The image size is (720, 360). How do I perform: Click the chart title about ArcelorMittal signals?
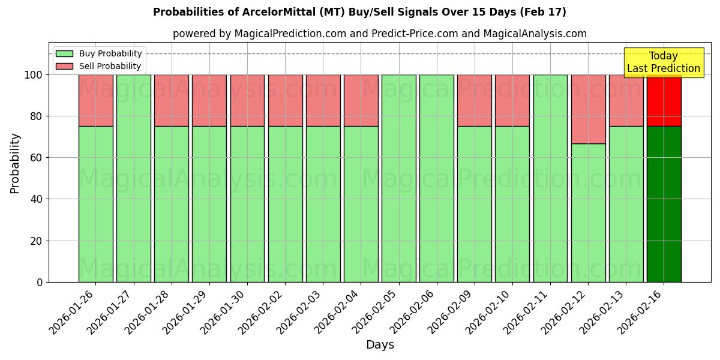tap(359, 12)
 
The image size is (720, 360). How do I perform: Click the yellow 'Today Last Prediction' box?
tap(663, 62)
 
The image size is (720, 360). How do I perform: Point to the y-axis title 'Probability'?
tap(15, 163)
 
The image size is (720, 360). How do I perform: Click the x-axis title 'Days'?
tap(380, 345)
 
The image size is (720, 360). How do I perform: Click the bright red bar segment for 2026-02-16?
tap(664, 101)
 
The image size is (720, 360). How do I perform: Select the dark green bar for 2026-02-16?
tap(664, 204)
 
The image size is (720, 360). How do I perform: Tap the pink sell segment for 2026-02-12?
tap(588, 109)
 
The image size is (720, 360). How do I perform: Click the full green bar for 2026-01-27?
tap(133, 178)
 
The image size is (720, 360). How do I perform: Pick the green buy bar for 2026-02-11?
tap(550, 178)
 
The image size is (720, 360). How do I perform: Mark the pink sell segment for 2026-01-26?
tap(95, 101)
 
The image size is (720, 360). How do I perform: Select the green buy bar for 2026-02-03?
tap(323, 204)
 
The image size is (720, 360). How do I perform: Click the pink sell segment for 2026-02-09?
tap(474, 101)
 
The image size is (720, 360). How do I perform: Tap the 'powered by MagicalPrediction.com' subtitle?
tap(379, 34)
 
